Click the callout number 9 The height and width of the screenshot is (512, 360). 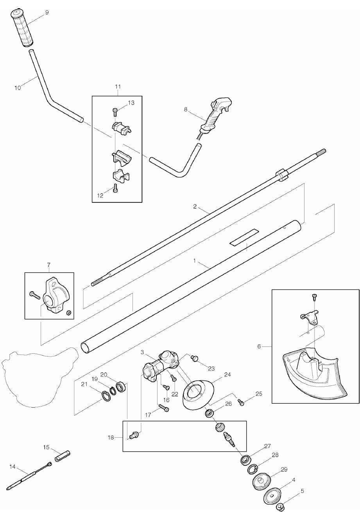tap(47, 13)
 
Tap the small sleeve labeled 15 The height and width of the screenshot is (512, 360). tap(62, 456)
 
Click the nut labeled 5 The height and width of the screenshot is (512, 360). tap(280, 507)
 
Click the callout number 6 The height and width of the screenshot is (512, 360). tap(259, 346)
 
